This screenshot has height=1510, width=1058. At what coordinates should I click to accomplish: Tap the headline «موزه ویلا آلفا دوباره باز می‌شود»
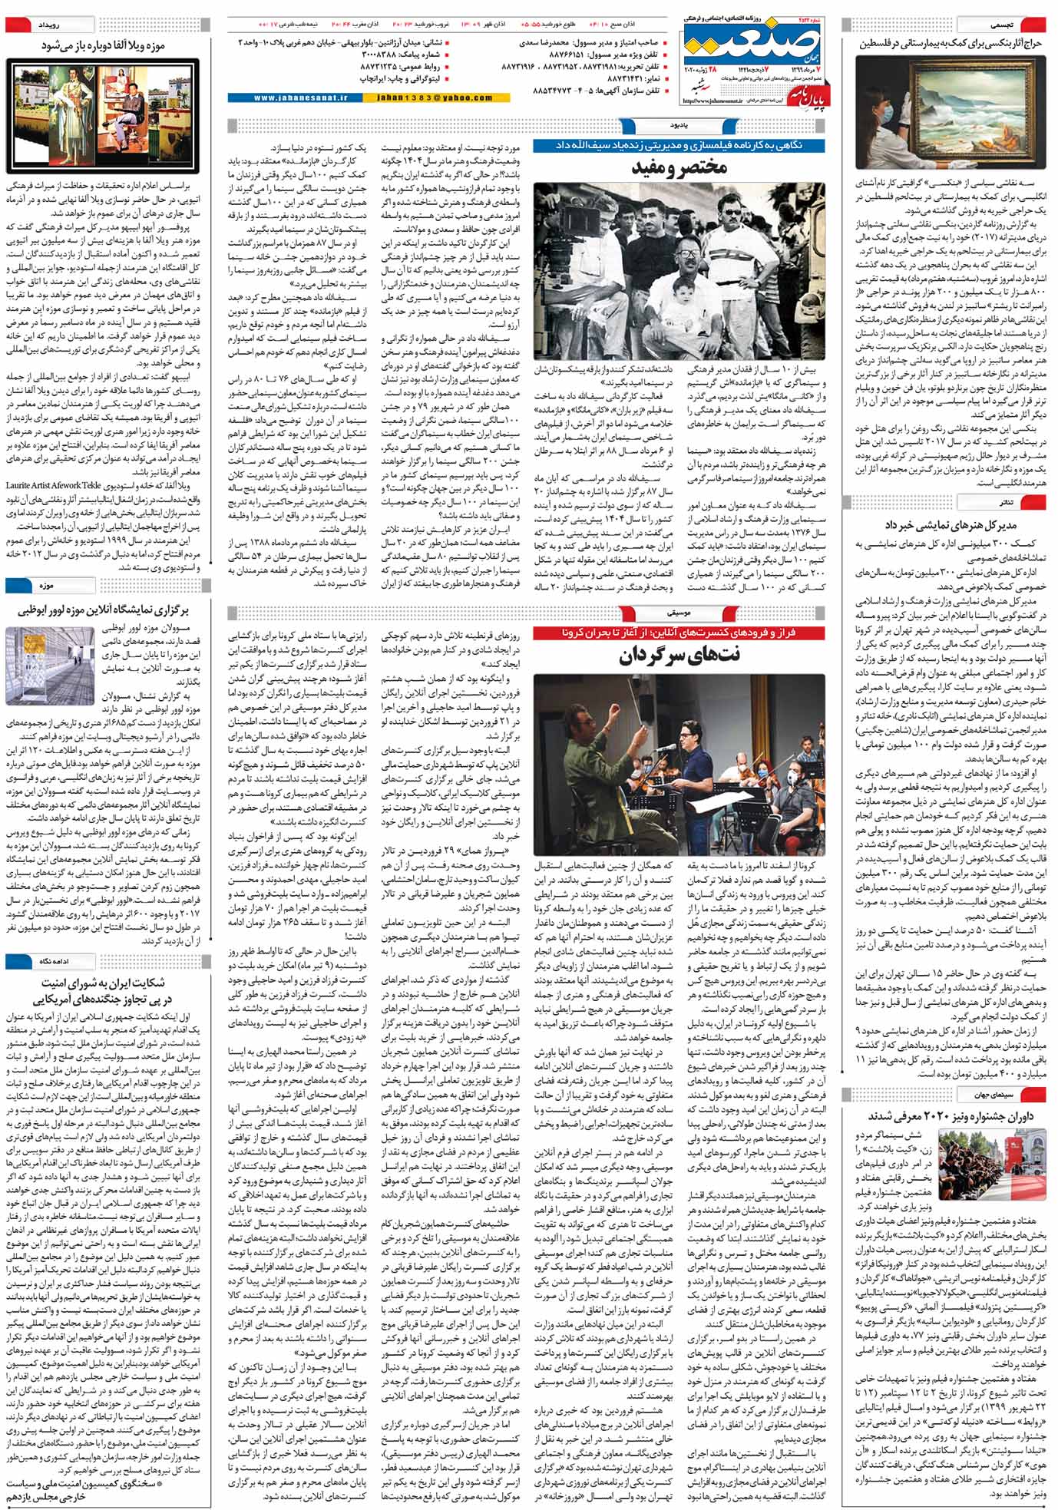[x=103, y=46]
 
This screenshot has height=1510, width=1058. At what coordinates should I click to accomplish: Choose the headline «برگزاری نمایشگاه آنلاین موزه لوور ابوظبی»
[x=103, y=610]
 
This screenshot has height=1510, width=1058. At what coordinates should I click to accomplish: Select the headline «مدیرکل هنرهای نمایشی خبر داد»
[x=950, y=525]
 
